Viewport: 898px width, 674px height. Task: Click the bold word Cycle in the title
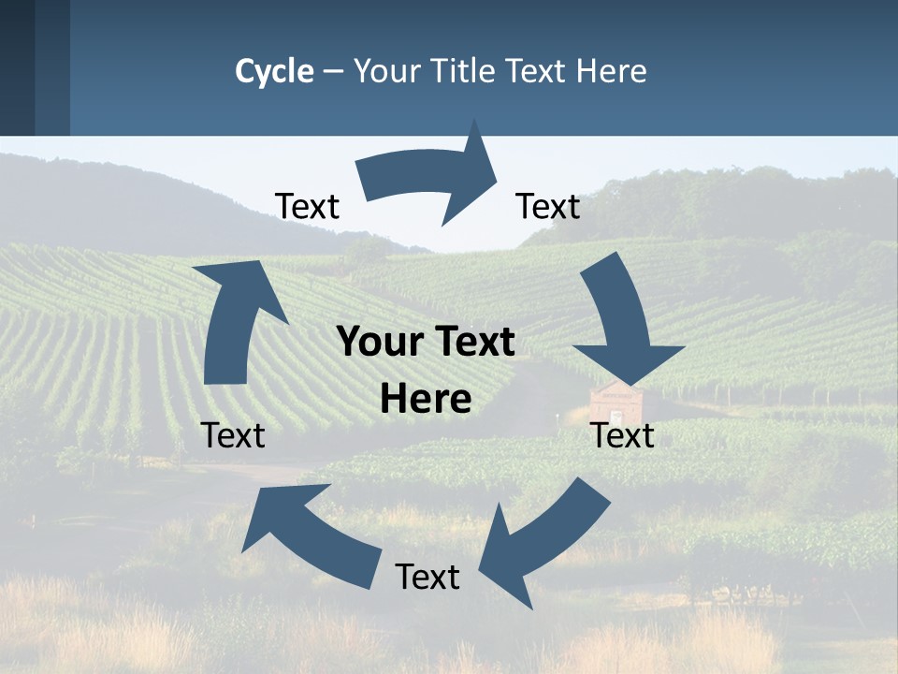pos(274,71)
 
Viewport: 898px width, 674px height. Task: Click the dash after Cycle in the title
pos(333,72)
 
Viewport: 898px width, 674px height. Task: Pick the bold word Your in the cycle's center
pos(372,343)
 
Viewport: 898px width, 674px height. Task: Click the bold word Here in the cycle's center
pos(426,399)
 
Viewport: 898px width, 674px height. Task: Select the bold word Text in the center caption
pos(473,343)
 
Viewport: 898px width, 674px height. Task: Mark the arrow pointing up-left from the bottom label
pos(309,534)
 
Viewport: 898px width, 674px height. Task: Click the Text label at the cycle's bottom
pos(427,577)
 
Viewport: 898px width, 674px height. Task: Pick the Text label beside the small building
pos(622,435)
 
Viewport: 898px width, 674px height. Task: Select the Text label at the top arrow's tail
pos(307,206)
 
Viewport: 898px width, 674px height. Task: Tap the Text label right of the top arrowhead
pos(548,206)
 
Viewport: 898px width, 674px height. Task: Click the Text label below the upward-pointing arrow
pos(233,435)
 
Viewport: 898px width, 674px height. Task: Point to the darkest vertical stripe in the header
pos(17,67)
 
